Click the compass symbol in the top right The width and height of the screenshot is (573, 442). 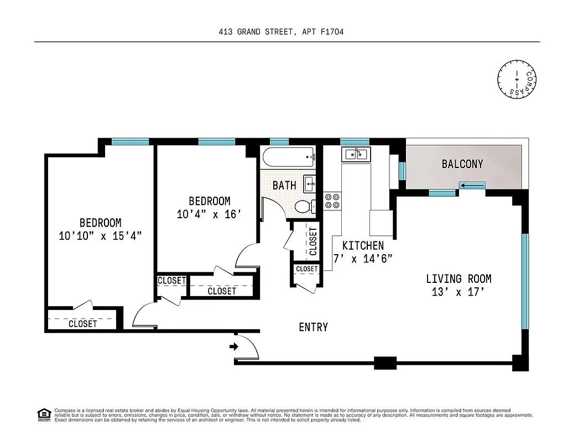[517, 80]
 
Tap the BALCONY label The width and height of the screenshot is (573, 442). [462, 164]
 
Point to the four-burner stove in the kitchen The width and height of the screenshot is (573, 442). [332, 201]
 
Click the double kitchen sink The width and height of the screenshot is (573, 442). [356, 154]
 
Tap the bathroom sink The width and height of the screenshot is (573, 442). [309, 182]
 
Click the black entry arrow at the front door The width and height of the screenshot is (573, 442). [234, 347]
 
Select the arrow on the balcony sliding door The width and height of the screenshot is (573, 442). [472, 186]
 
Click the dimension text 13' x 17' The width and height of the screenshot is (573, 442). [458, 293]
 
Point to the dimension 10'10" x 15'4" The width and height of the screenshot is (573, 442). [100, 236]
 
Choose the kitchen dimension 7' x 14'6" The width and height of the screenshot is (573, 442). [363, 259]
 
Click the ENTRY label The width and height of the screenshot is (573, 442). [314, 327]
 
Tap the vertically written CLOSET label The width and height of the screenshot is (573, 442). [313, 241]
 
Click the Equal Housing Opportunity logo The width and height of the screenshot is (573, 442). [44, 414]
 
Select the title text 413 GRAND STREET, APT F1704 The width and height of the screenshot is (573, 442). [282, 32]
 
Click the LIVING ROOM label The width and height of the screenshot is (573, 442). [458, 279]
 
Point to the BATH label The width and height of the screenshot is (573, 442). [284, 185]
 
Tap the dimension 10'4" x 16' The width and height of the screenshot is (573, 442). [209, 214]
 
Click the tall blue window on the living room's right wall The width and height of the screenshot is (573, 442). [525, 281]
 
